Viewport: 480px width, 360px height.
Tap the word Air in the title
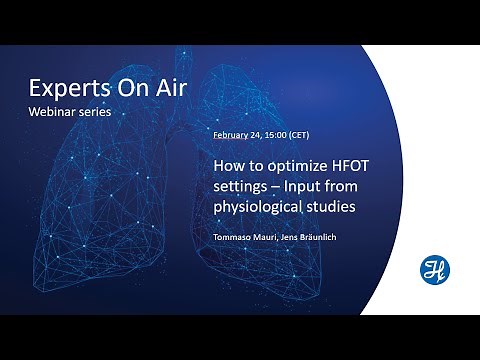(x=167, y=86)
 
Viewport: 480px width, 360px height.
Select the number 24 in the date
(x=262, y=134)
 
